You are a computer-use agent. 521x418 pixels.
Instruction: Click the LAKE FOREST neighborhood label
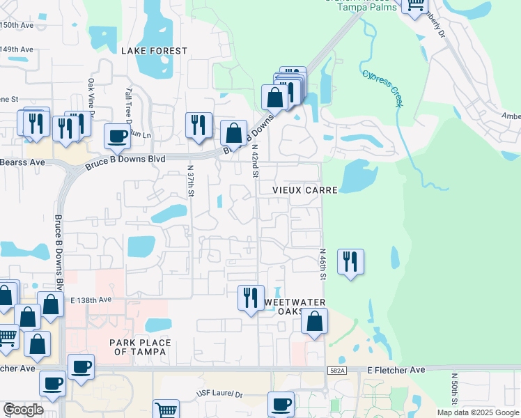(x=154, y=51)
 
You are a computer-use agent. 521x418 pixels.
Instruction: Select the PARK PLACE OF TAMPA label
(x=138, y=346)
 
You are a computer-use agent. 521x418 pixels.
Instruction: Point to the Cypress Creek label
(x=382, y=87)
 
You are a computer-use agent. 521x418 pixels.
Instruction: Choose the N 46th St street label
(x=322, y=265)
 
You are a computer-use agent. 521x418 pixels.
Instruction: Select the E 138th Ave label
(x=91, y=299)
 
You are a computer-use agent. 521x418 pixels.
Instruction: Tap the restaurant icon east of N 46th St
(x=350, y=262)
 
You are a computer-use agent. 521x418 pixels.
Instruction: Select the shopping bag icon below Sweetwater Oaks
(x=315, y=322)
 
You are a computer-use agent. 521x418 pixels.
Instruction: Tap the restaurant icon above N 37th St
(x=199, y=125)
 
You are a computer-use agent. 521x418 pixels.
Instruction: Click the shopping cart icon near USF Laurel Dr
(x=166, y=410)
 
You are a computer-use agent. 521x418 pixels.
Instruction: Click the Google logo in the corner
(x=23, y=410)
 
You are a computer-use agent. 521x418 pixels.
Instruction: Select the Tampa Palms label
(x=366, y=7)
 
